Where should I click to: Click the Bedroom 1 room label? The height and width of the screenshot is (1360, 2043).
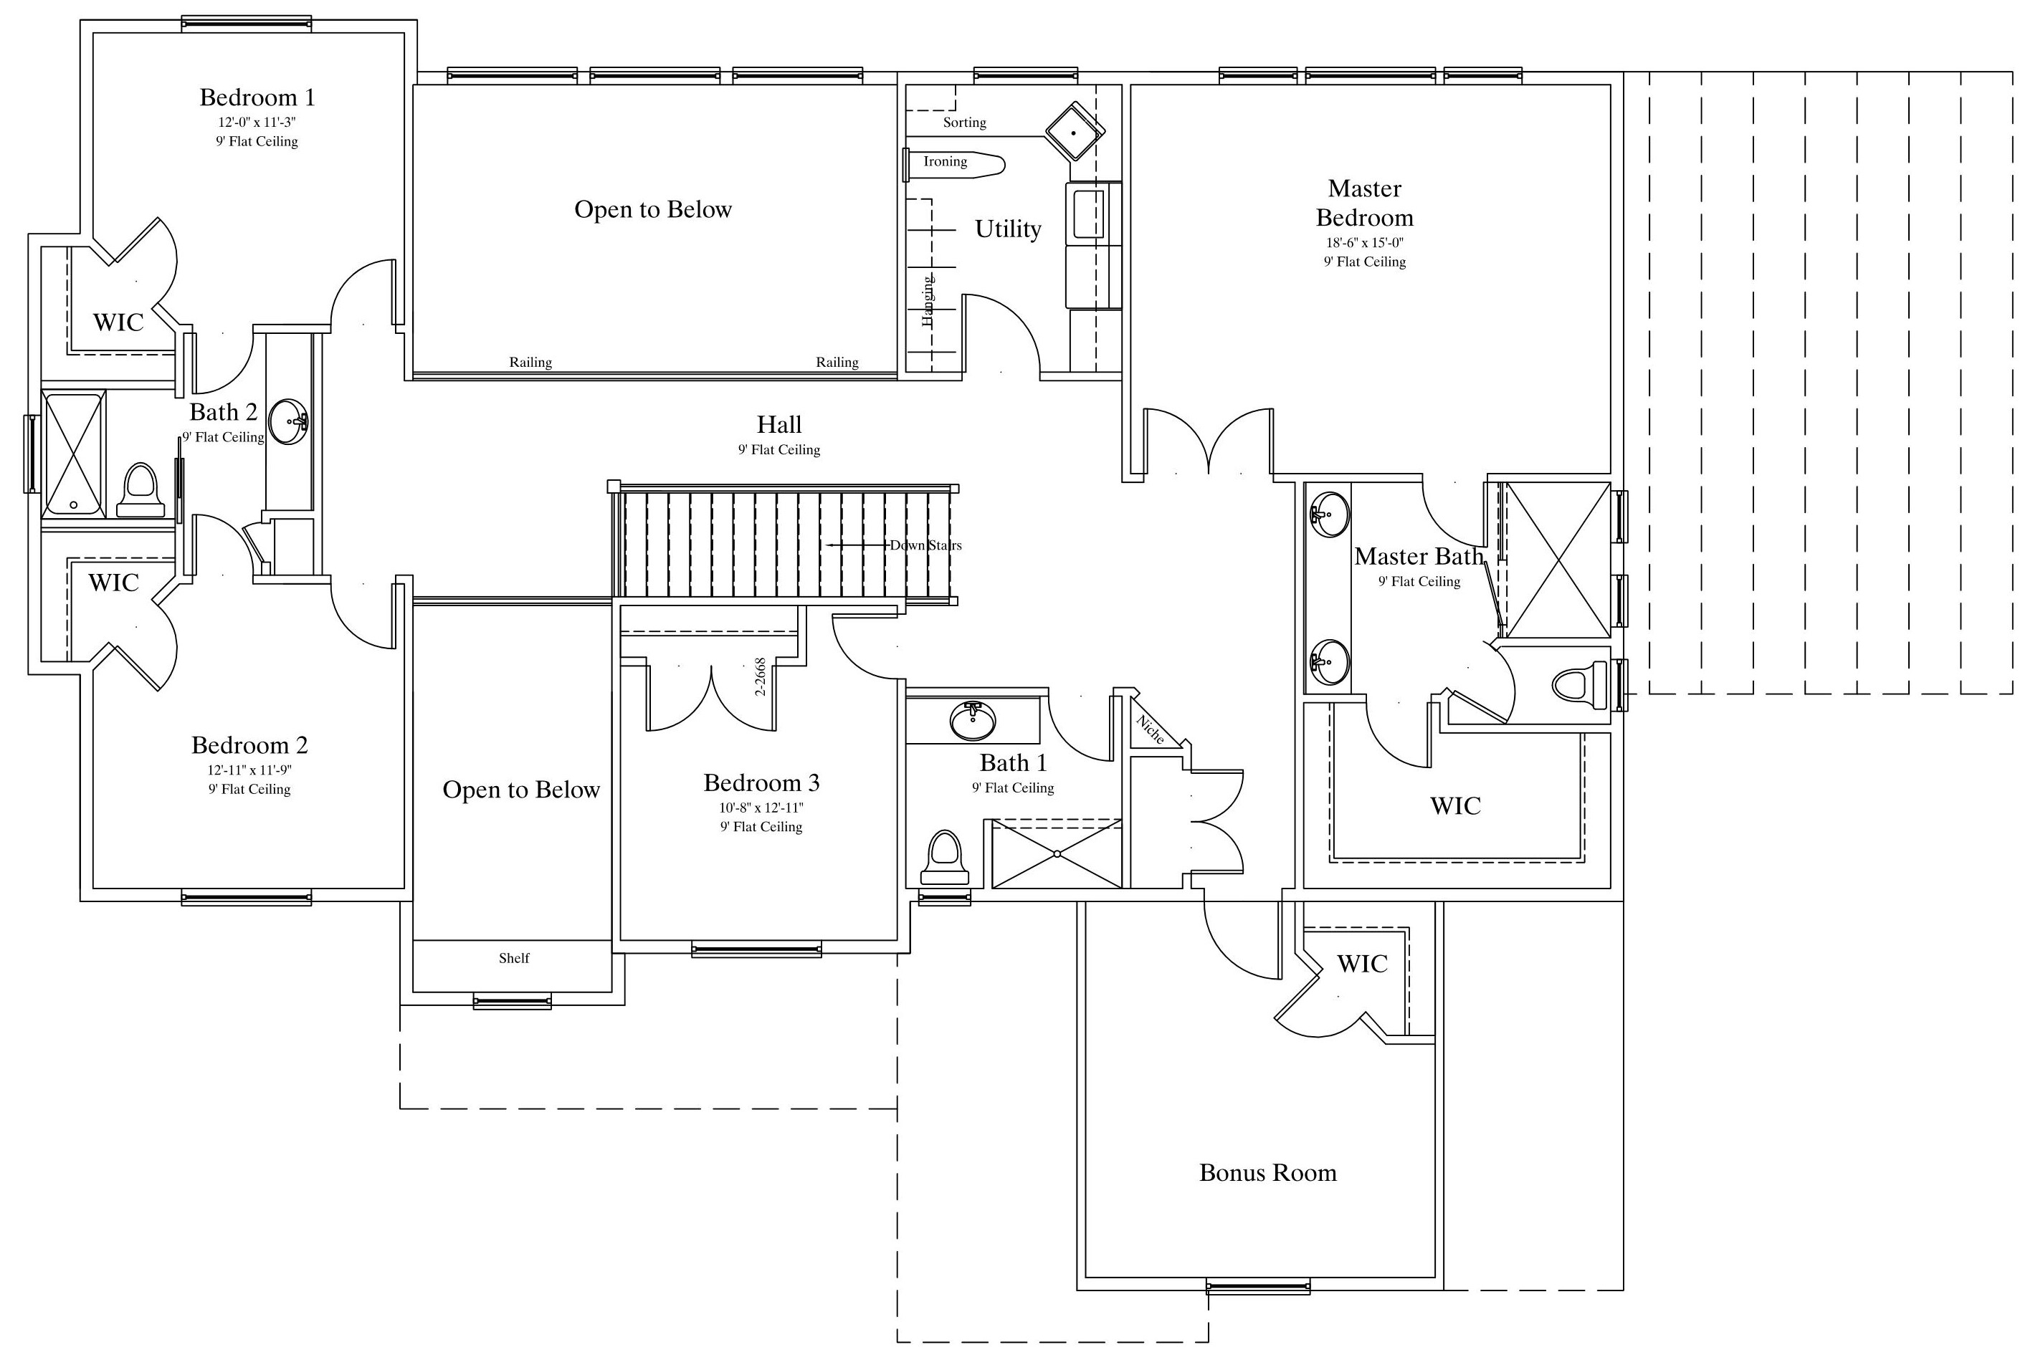point(257,97)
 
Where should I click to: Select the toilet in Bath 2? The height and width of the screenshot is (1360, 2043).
point(141,490)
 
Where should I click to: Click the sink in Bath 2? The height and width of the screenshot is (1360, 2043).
point(288,421)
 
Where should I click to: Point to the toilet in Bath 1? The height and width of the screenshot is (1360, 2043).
point(944,858)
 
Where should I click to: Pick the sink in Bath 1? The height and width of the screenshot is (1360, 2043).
point(973,721)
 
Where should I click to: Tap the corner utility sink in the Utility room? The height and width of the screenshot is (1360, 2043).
point(1075,131)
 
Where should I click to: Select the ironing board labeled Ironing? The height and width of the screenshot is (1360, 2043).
point(953,162)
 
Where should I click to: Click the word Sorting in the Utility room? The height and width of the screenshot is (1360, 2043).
point(965,123)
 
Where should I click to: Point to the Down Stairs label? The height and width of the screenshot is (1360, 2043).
point(925,545)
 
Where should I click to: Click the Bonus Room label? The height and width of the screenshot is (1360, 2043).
point(1267,1173)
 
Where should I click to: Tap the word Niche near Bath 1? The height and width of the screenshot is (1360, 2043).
point(1151,729)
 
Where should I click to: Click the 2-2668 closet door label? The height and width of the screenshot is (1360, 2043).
point(760,676)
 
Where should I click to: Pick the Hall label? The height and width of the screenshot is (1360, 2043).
point(779,424)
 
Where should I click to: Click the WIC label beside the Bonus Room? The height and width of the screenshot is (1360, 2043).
point(1362,964)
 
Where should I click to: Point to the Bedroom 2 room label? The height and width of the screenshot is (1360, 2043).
point(250,745)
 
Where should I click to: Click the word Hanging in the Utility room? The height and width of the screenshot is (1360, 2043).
point(928,301)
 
